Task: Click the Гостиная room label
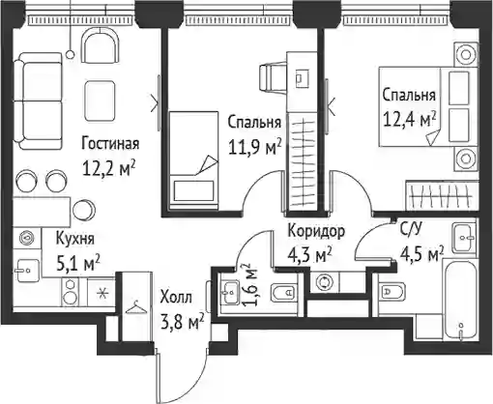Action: tap(110, 143)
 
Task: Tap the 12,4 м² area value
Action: tap(409, 120)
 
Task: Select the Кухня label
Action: tap(75, 239)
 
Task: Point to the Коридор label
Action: tap(316, 231)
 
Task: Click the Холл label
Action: tap(176, 298)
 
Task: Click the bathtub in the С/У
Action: tap(459, 300)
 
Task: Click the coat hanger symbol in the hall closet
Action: tap(135, 307)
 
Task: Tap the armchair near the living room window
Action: tap(101, 45)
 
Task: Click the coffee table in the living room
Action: tap(100, 101)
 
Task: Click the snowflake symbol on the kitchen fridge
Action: tap(102, 294)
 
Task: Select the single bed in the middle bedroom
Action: tap(193, 160)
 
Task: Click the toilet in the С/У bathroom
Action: tap(391, 292)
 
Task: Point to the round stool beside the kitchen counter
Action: tap(84, 211)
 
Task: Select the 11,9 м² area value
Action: tap(253, 147)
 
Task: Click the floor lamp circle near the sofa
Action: tap(70, 55)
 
